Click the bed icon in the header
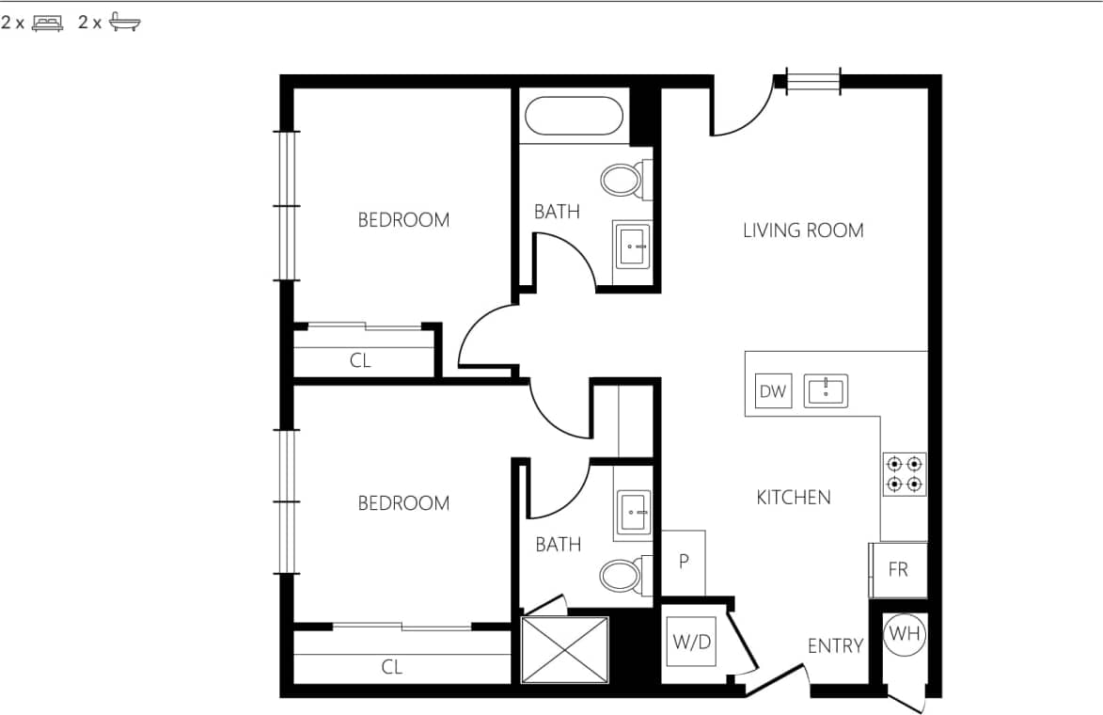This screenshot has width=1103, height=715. tap(47, 24)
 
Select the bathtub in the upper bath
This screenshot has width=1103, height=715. tap(574, 118)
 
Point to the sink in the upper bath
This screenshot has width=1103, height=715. tap(632, 246)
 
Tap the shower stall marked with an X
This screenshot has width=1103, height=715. tap(565, 649)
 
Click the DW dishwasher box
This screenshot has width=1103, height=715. tap(773, 391)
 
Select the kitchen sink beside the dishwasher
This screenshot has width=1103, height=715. tap(826, 390)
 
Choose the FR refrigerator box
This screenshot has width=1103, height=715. tap(898, 569)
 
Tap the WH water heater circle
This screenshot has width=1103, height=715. tap(906, 635)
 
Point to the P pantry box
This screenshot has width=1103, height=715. tap(684, 562)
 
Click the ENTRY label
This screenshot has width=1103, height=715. tap(835, 646)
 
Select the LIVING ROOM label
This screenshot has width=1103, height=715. tap(803, 230)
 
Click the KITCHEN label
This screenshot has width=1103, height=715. tap(794, 498)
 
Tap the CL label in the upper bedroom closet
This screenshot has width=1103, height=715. tap(360, 360)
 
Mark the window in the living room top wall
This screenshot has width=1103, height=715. tap(813, 82)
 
